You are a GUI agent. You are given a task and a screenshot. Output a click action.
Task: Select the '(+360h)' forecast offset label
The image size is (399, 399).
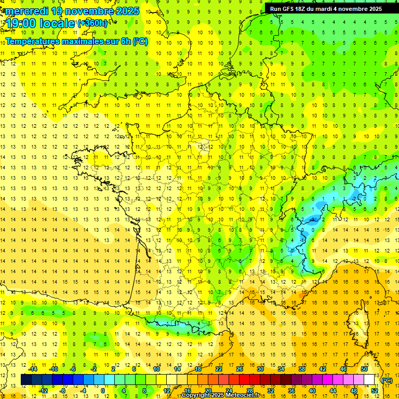pyautogui.click(x=92, y=23)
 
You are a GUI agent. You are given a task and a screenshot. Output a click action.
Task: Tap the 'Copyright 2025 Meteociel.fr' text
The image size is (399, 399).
pyautogui.click(x=220, y=395)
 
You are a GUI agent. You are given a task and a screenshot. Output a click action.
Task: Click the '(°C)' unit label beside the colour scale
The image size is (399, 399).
pyautogui.click(x=387, y=380)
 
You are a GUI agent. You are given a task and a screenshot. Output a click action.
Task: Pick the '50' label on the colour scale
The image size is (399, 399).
pyautogui.click(x=364, y=369)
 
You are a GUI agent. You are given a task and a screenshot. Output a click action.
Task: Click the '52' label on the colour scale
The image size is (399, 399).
pyautogui.click(x=374, y=391)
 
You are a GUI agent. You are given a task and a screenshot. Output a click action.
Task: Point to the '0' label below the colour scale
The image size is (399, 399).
pyautogui.click(x=103, y=391)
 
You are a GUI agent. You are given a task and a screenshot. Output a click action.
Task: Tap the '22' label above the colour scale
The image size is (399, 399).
pyautogui.click(x=219, y=369)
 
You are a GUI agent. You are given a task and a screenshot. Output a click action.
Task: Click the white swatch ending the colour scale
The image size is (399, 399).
pyautogui.click(x=369, y=380)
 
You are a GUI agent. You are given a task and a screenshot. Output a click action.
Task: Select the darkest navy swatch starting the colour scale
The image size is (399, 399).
pyautogui.click(x=26, y=380)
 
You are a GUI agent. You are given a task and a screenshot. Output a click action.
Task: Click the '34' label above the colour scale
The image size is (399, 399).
pyautogui.click(x=281, y=369)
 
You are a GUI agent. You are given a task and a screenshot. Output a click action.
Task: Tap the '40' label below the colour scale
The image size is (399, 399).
pyautogui.click(x=312, y=391)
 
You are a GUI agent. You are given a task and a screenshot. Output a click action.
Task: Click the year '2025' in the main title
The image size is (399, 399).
pyautogui.click(x=127, y=11)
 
